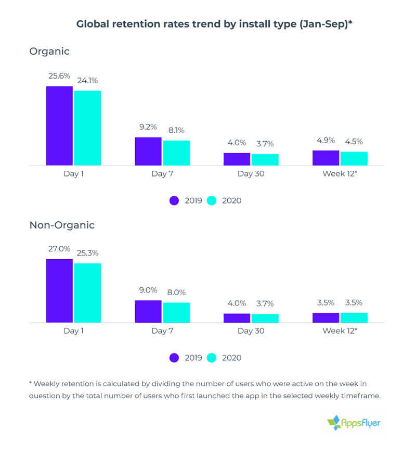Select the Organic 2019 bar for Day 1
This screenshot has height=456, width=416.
click(x=59, y=125)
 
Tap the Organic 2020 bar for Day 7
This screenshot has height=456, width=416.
click(x=176, y=153)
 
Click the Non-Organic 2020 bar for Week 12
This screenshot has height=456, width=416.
click(x=354, y=318)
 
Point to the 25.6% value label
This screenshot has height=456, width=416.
click(x=59, y=76)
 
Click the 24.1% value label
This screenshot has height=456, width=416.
click(x=87, y=81)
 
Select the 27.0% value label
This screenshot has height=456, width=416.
click(x=59, y=249)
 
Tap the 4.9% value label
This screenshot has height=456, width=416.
click(x=326, y=141)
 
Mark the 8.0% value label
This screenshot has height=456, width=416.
click(x=176, y=293)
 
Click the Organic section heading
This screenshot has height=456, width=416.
click(x=49, y=52)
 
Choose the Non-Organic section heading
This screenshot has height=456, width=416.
click(x=62, y=225)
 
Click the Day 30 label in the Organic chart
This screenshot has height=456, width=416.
click(x=251, y=174)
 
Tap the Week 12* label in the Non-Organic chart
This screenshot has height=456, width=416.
click(x=340, y=331)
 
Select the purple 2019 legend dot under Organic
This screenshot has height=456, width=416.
click(x=174, y=200)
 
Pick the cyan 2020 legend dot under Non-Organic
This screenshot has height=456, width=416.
click(x=212, y=358)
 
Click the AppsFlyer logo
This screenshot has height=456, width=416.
click(x=354, y=423)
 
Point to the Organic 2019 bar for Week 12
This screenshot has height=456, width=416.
click(x=326, y=158)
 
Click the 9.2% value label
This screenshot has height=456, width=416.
click(x=148, y=126)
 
